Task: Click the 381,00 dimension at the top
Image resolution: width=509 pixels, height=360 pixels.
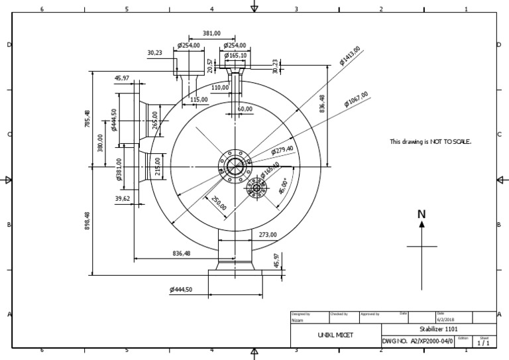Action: [211, 33]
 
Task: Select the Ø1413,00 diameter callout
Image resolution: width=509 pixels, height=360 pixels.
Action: [350, 56]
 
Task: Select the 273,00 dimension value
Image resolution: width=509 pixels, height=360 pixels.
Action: [267, 235]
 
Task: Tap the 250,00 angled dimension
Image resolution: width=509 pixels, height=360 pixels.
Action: [219, 203]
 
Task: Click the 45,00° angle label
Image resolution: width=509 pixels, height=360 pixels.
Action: [283, 186]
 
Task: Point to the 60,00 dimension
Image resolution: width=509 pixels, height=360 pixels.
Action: [245, 109]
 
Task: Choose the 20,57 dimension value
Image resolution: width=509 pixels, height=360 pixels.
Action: [210, 65]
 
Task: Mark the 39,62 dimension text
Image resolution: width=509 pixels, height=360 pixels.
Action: [123, 198]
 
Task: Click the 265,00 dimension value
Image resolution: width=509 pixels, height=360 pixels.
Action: [154, 121]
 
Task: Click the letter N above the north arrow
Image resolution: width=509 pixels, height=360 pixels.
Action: [422, 214]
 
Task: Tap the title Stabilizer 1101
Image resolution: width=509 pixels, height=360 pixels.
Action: [438, 330]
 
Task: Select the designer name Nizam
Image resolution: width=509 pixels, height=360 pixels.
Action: [298, 320]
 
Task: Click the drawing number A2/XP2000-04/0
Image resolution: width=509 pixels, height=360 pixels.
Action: [431, 341]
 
